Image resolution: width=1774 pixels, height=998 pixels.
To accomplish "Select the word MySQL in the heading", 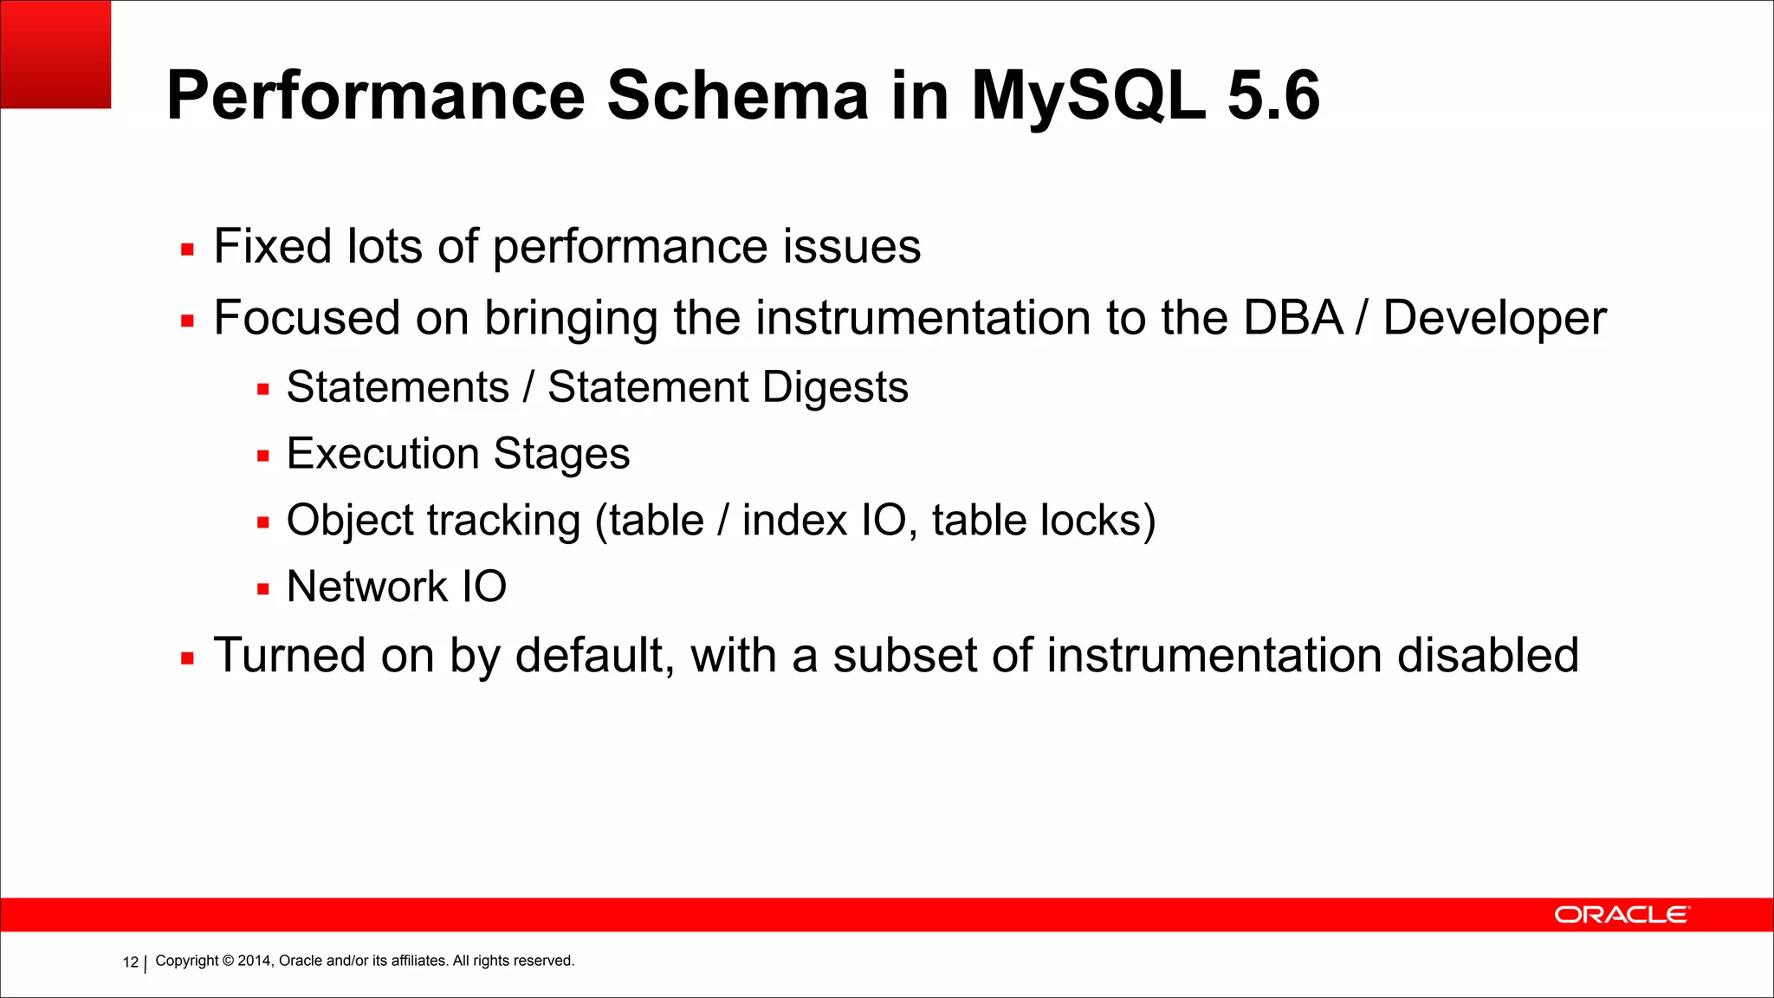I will [1087, 97].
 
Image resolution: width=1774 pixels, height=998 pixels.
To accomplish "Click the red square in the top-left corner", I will [55, 54].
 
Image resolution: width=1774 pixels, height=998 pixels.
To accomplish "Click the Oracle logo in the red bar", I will [1621, 915].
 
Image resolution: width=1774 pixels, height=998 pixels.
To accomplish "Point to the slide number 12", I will [130, 962].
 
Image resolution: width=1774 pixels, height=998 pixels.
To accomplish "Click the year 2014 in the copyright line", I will [254, 961].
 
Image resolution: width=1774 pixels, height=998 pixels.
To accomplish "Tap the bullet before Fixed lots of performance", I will [187, 250].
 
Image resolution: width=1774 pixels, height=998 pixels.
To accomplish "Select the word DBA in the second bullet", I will [1293, 318].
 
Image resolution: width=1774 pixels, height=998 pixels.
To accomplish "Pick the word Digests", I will [835, 388].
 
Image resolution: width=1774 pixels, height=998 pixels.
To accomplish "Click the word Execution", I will [382, 454].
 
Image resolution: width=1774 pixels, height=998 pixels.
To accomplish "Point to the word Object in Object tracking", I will [350, 522].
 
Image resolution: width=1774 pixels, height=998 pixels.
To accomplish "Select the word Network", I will [366, 587].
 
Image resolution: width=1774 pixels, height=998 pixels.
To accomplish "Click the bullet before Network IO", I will [263, 590].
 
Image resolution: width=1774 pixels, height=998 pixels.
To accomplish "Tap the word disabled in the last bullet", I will [1487, 655].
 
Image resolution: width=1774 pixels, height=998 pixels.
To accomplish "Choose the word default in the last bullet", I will [594, 655].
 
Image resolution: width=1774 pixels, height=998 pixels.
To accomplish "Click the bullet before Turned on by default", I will [187, 659].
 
